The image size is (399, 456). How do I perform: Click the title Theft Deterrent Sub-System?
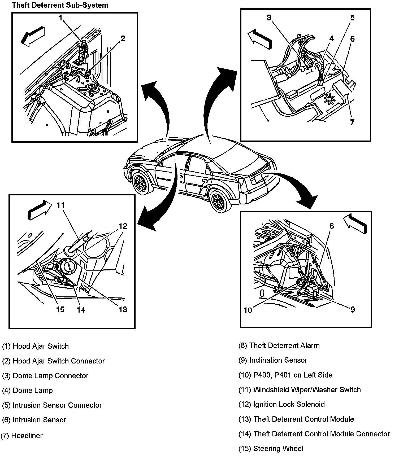(x=60, y=5)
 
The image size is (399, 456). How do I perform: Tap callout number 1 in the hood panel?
(x=60, y=18)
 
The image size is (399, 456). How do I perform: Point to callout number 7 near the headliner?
(x=352, y=122)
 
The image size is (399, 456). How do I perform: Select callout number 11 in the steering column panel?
(x=60, y=205)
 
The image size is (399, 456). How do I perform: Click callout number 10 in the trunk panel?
(x=248, y=310)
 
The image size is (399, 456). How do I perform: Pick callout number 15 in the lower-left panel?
(x=60, y=309)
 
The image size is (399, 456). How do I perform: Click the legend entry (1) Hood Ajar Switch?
(x=36, y=346)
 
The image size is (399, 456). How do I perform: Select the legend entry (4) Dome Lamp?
(x=28, y=390)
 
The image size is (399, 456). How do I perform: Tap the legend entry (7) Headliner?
(x=22, y=436)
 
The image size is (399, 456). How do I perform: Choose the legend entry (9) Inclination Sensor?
(x=273, y=360)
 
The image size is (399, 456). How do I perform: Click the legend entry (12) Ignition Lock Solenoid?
(x=282, y=404)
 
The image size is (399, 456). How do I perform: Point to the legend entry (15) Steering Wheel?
(x=271, y=449)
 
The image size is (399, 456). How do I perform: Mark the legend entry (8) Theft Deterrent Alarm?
(x=279, y=345)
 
